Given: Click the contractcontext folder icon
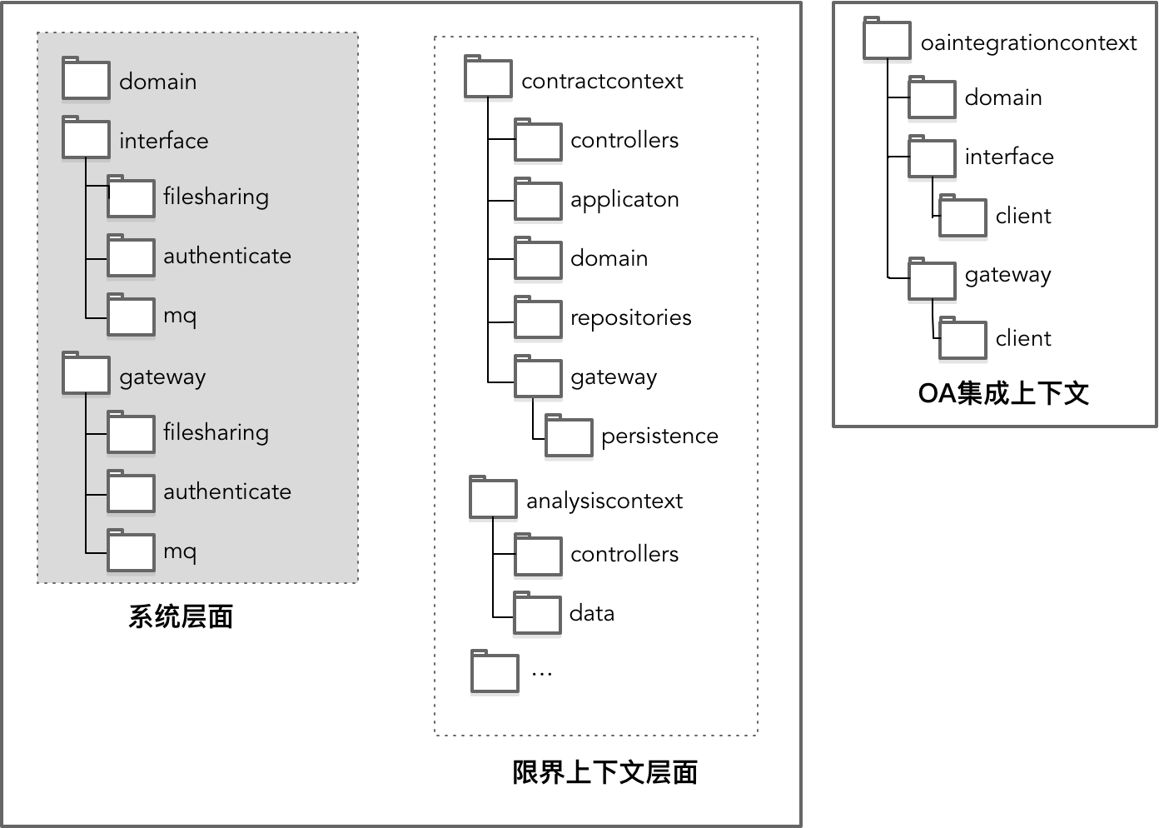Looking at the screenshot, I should [488, 78].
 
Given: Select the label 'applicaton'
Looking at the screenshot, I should [624, 200].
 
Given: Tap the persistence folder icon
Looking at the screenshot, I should [569, 436].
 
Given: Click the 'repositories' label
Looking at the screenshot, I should [630, 318].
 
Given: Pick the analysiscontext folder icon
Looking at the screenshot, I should [493, 498].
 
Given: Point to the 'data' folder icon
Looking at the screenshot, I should [537, 614].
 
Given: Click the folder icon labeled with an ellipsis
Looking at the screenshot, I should [495, 671].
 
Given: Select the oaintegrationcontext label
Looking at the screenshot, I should [1028, 43].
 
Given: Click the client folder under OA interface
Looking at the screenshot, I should [963, 217].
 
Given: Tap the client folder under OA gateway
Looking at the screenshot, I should [963, 339].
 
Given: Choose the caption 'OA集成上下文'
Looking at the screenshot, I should [1003, 393].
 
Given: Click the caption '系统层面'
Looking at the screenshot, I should [181, 616].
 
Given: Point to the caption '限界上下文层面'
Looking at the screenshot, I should [604, 773].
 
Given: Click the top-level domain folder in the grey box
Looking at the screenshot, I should [86, 80].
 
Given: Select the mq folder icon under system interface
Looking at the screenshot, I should [131, 316].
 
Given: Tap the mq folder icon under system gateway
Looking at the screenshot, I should [131, 551].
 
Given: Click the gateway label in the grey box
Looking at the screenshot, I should [162, 377].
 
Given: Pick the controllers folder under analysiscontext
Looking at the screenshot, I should [538, 556].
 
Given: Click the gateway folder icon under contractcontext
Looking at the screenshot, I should [538, 377].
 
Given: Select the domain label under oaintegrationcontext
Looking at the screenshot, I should [1003, 98].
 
